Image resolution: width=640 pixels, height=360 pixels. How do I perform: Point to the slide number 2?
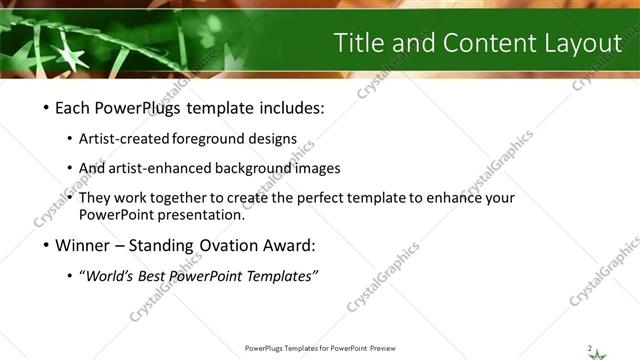pyautogui.click(x=590, y=347)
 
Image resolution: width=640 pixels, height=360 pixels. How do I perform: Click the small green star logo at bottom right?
pyautogui.click(x=598, y=353)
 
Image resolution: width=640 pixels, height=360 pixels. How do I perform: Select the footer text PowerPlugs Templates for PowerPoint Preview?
pyautogui.click(x=319, y=348)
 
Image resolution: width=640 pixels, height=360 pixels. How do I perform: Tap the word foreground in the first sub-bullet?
pyautogui.click(x=209, y=139)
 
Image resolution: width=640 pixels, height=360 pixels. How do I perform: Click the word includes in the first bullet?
pyautogui.click(x=291, y=108)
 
